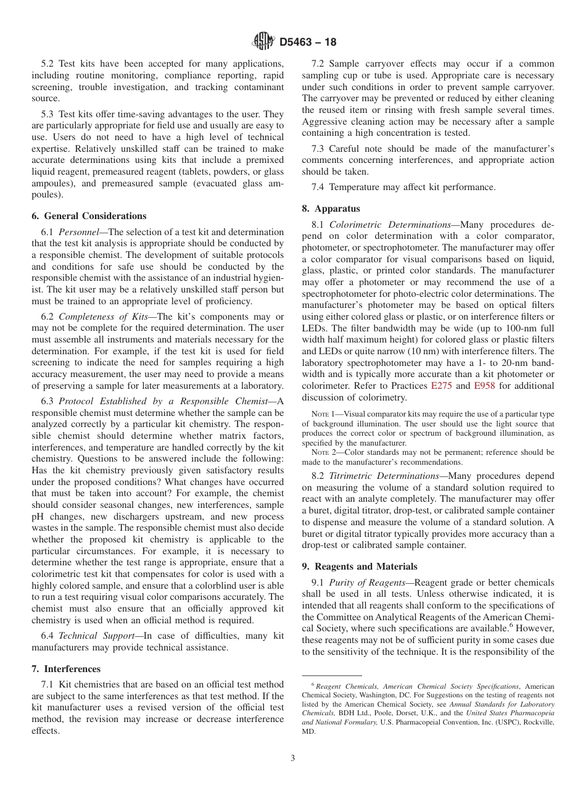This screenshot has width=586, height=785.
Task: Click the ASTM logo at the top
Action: tap(263, 42)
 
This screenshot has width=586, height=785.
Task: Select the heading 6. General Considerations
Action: tap(89, 216)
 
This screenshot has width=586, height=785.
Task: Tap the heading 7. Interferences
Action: tap(66, 669)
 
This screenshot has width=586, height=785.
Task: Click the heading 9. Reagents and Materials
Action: tap(360, 567)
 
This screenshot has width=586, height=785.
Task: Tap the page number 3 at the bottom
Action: tap(293, 758)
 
